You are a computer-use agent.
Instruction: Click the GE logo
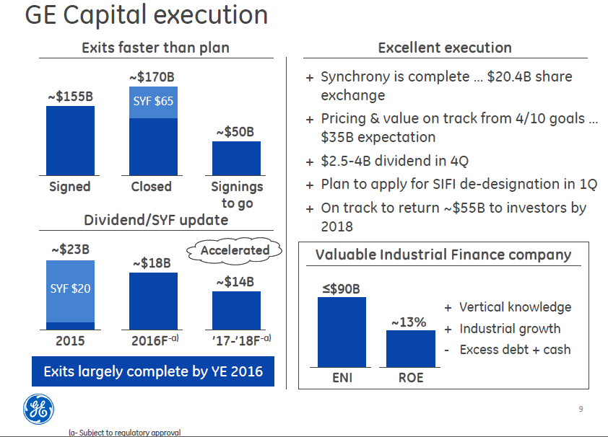(37, 409)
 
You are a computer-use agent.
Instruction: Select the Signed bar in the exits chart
(70, 140)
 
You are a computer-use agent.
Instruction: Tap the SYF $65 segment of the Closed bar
(153, 102)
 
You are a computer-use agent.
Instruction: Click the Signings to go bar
(236, 158)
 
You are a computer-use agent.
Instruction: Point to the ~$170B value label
(152, 76)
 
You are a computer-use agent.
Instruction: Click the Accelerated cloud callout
(235, 251)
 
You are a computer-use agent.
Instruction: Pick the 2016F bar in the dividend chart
(153, 301)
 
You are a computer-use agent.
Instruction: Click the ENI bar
(342, 332)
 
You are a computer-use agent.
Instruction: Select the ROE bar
(411, 348)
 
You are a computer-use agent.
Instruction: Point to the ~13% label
(409, 322)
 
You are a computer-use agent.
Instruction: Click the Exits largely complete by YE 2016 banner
(153, 372)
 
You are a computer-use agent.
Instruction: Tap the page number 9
(581, 410)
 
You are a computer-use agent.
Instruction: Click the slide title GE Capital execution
(147, 15)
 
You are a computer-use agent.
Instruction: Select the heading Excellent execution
(445, 48)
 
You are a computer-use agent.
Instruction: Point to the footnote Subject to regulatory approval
(124, 433)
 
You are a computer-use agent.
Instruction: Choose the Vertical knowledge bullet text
(515, 307)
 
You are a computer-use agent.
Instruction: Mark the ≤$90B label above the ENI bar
(341, 289)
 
